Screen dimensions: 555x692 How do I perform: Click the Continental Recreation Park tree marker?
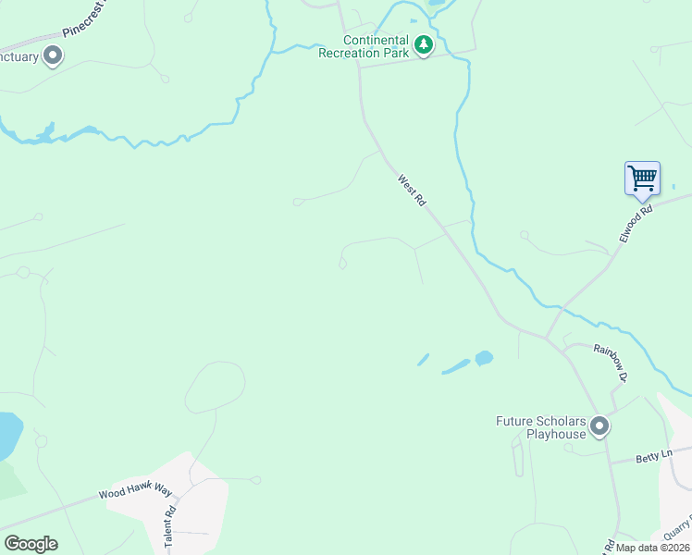tap(424, 45)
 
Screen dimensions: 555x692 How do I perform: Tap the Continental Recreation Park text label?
tap(377, 46)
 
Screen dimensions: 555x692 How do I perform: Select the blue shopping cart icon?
tap(642, 178)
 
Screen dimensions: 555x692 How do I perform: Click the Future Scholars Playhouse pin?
tap(599, 426)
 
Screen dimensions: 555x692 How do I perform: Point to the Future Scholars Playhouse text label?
tap(541, 427)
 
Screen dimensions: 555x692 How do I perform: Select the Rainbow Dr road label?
tap(612, 363)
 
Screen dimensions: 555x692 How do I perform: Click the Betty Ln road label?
tap(651, 458)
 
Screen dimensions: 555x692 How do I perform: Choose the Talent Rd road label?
tap(170, 528)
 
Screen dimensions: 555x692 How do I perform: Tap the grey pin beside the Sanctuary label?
tap(53, 56)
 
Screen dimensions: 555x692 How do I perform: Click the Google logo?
tap(31, 544)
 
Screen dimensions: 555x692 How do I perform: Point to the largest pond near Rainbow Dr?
tap(483, 357)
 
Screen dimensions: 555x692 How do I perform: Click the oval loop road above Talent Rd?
tap(216, 387)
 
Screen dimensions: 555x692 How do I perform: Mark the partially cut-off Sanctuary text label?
tap(19, 57)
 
